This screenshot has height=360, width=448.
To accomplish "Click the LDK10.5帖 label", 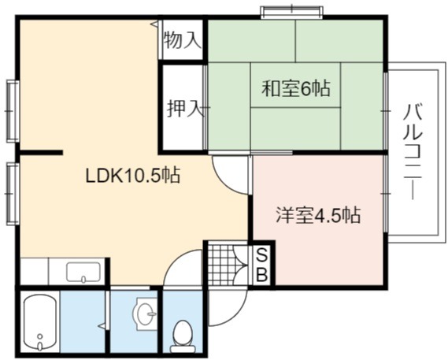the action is [x=133, y=176].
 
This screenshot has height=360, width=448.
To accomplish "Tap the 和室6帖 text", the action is [x=296, y=88].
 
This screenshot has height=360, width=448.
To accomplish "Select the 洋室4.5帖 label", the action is [x=318, y=215].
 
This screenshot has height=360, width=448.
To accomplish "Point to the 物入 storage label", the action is [x=182, y=39].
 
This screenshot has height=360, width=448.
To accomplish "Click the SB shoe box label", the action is [x=262, y=265].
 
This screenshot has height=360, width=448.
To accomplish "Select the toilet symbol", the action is [x=183, y=336].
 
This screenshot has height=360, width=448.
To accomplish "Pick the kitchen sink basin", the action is [x=83, y=273].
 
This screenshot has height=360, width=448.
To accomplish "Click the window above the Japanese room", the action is [x=291, y=12].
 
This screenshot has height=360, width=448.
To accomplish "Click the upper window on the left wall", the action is [x=13, y=111].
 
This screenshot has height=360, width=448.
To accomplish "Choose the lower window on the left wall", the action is [x=13, y=194].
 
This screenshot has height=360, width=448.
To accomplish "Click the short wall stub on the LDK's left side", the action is [x=41, y=152].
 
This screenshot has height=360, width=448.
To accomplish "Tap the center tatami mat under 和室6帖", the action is [x=295, y=85].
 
